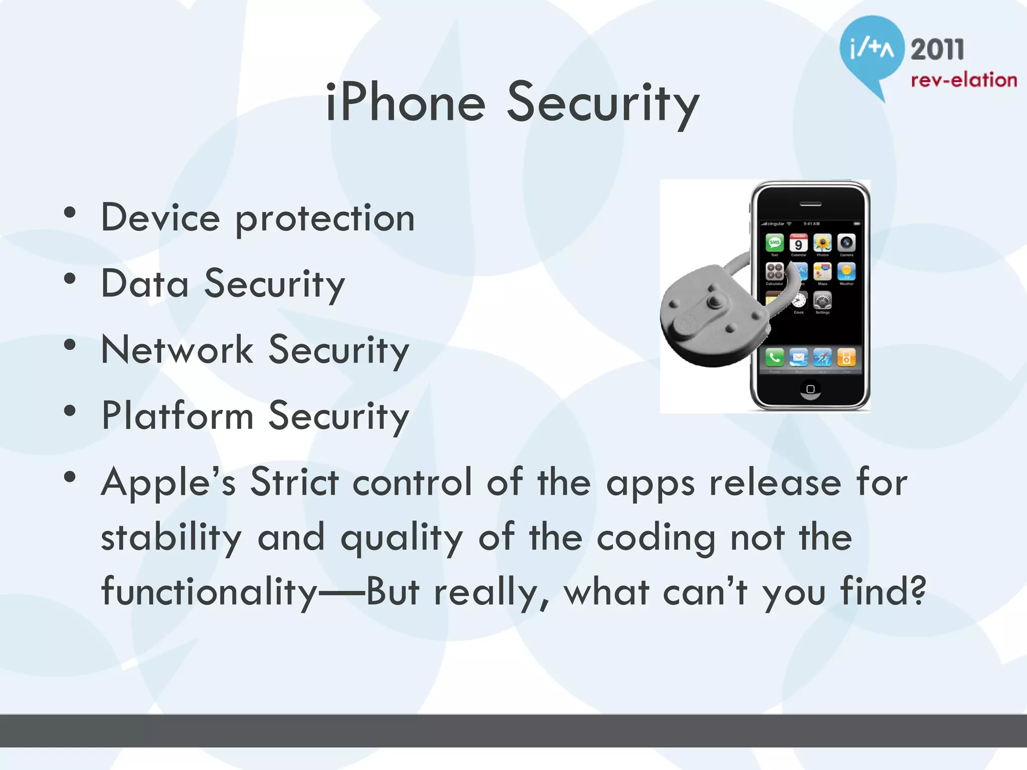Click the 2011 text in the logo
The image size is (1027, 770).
[937, 50]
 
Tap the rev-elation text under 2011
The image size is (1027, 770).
[963, 80]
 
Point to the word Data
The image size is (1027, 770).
[145, 284]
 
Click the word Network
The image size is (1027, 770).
[177, 349]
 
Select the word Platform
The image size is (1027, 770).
[177, 416]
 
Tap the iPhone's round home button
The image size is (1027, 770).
[810, 390]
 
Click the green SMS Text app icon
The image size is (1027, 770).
[775, 243]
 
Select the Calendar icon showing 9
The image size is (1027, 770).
[798, 243]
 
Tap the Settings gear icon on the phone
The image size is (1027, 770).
[822, 301]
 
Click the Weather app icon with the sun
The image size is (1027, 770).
[846, 272]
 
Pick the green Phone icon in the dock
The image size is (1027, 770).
[775, 357]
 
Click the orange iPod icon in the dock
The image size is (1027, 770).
[846, 357]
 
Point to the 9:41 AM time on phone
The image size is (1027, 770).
[811, 224]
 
